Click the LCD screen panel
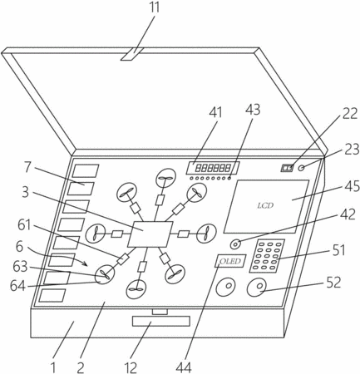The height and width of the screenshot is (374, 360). tap(266, 206)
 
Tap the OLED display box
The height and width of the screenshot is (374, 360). tap(231, 261)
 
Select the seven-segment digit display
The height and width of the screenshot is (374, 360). tap(213, 168)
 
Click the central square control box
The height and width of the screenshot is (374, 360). tap(150, 234)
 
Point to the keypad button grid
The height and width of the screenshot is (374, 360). tap(267, 256)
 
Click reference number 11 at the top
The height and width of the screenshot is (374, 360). tap(155, 7)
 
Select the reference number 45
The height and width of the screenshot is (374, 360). tap(352, 186)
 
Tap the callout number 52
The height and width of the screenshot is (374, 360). tap(333, 283)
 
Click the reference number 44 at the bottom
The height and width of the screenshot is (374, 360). tap(184, 367)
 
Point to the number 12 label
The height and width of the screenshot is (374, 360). tap(131, 367)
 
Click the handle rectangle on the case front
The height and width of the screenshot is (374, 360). tap(161, 321)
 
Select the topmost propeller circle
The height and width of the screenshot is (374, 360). tap(165, 179)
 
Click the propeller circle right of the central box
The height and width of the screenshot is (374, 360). tap(206, 234)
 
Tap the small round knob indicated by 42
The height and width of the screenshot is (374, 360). tap(235, 244)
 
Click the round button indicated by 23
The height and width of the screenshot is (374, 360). tap(302, 168)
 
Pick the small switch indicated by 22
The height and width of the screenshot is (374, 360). tap(287, 168)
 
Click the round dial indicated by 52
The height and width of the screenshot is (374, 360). tap(257, 288)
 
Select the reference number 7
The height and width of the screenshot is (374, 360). tap(27, 167)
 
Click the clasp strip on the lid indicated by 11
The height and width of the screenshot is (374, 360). tap(132, 54)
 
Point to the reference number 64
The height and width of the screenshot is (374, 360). tap(17, 286)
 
